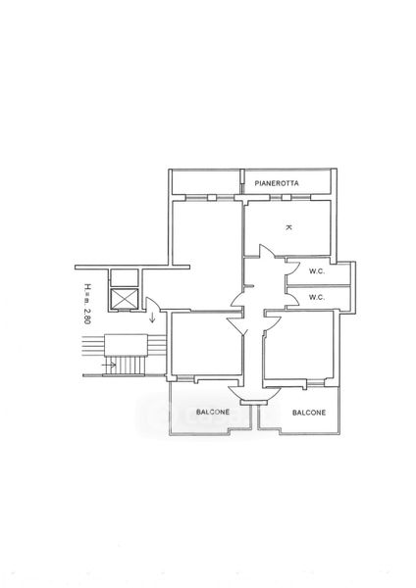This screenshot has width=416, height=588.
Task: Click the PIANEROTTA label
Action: [x=277, y=183]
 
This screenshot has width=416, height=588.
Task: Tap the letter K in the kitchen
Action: [x=288, y=227]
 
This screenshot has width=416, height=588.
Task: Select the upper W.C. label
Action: [x=317, y=271]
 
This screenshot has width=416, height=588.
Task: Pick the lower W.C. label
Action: [x=317, y=297]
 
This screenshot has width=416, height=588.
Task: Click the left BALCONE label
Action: [x=213, y=412]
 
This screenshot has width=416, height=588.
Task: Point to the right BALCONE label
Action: [x=309, y=413]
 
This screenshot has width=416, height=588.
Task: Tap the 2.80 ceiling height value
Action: [x=87, y=317]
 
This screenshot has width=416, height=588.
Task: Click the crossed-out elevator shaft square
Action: [x=125, y=299]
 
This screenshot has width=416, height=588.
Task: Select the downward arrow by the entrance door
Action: [x=152, y=318]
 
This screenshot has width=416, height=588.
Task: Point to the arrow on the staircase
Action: [x=109, y=364]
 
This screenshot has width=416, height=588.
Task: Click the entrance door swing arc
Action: [x=153, y=302]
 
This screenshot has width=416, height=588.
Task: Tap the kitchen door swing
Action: [x=267, y=251]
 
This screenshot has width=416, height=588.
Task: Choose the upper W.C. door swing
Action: [x=293, y=269]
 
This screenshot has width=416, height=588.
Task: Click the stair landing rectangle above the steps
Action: [x=125, y=345]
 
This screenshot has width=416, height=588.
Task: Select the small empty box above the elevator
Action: [x=125, y=278]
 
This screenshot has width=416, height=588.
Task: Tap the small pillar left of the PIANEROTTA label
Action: [x=242, y=182]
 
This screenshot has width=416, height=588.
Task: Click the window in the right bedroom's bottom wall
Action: [x=315, y=382]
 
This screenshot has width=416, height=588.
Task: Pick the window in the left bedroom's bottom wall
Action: [x=184, y=378]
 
